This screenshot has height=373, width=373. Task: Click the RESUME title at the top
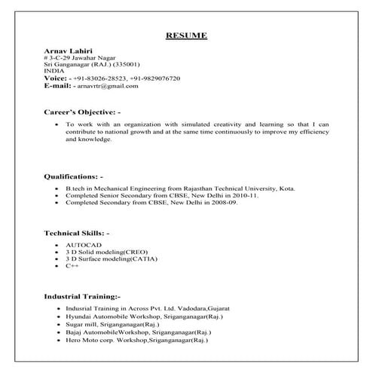coord(185,35)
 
